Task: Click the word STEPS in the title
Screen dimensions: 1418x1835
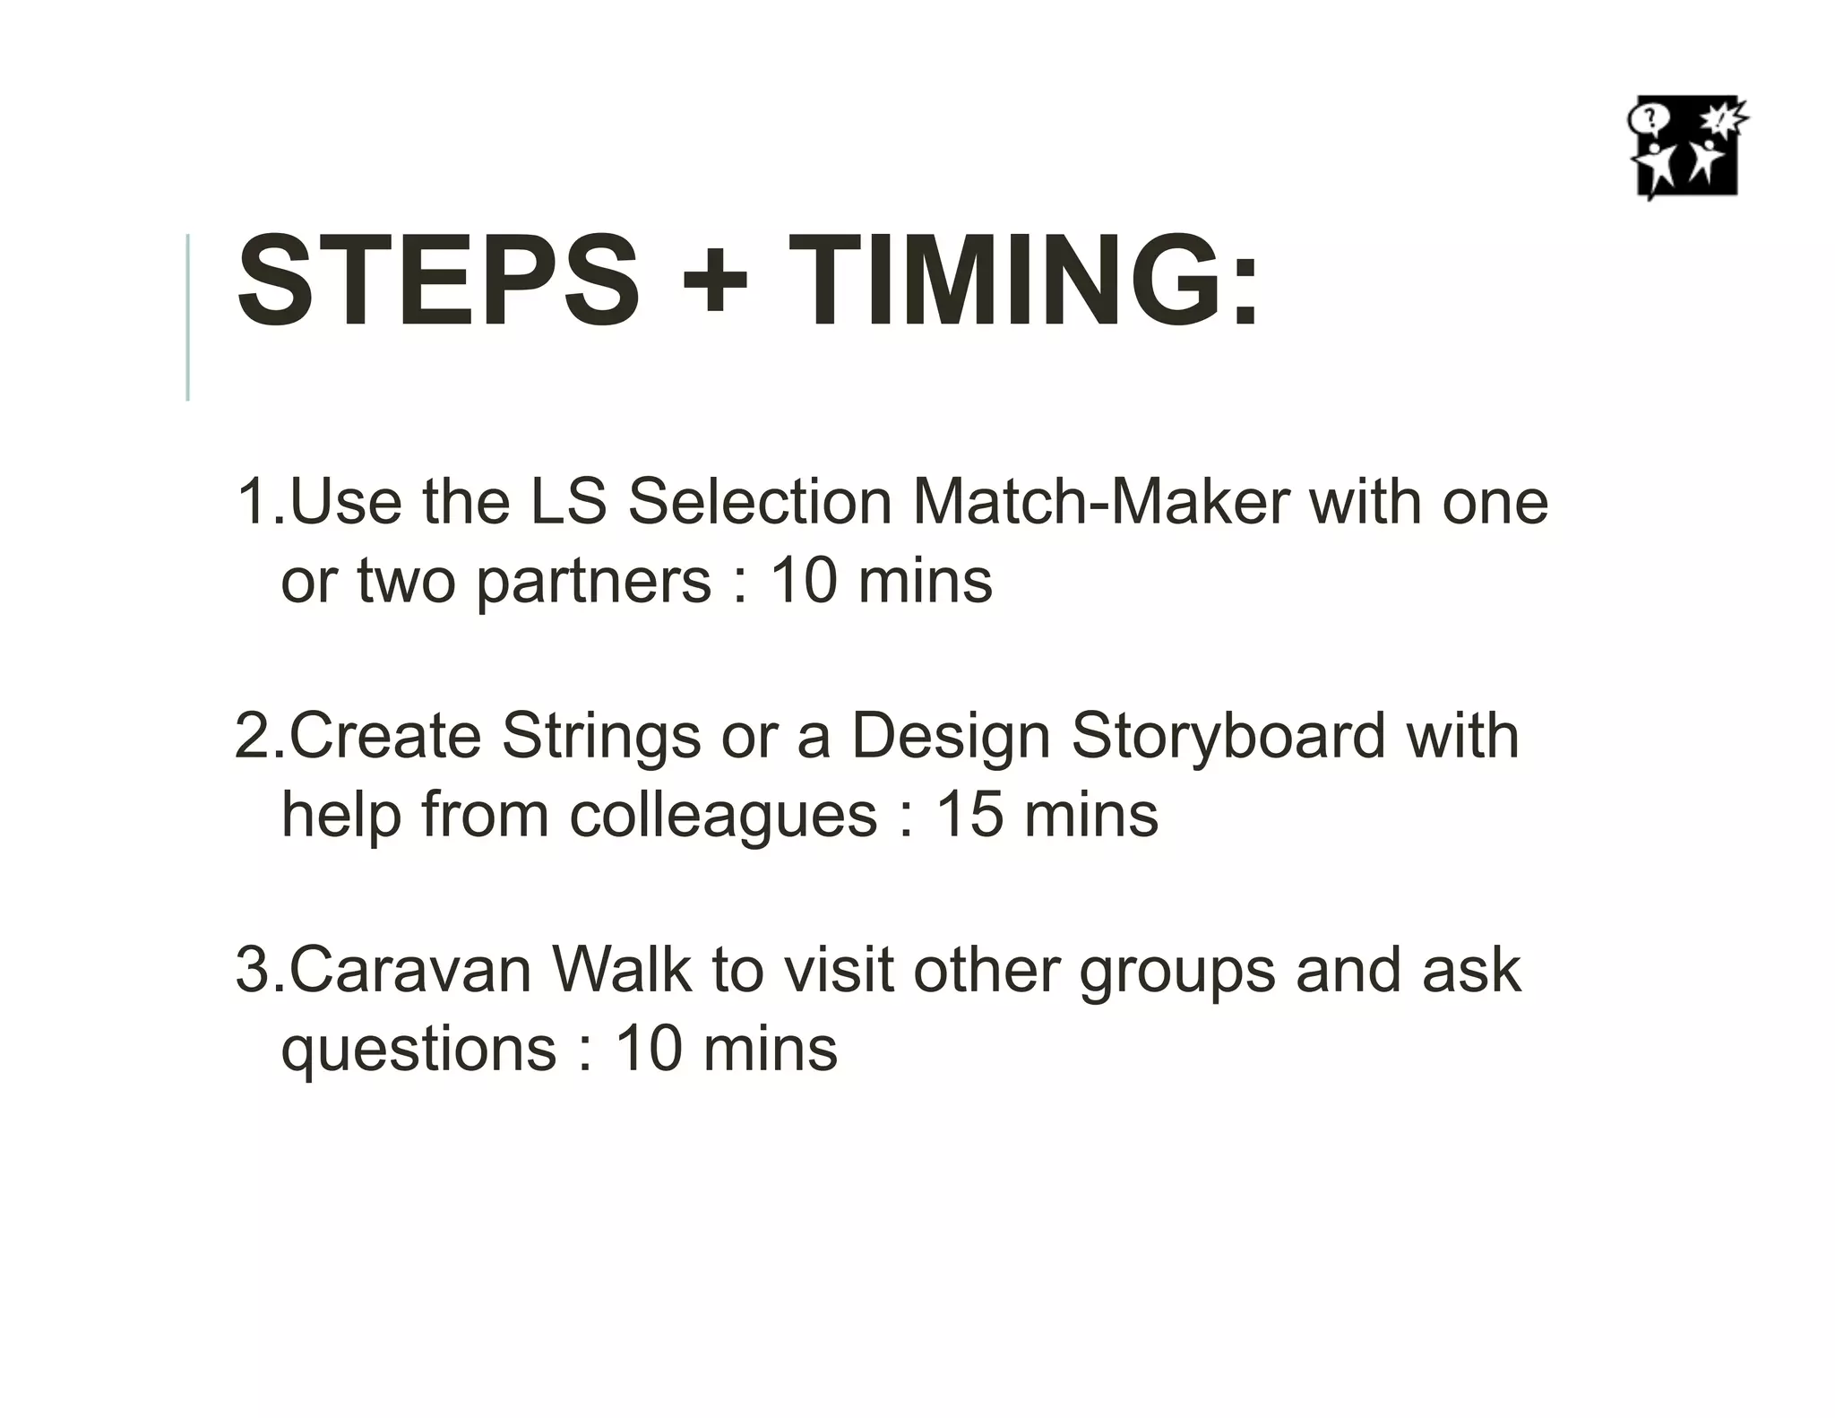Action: tap(438, 281)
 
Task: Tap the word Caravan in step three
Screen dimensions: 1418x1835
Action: tap(410, 971)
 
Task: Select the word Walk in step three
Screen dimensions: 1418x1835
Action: tap(620, 971)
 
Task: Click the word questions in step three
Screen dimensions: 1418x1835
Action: tap(418, 1051)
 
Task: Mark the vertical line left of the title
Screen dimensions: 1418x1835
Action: tap(187, 316)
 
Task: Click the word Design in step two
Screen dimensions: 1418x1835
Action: tap(950, 738)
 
